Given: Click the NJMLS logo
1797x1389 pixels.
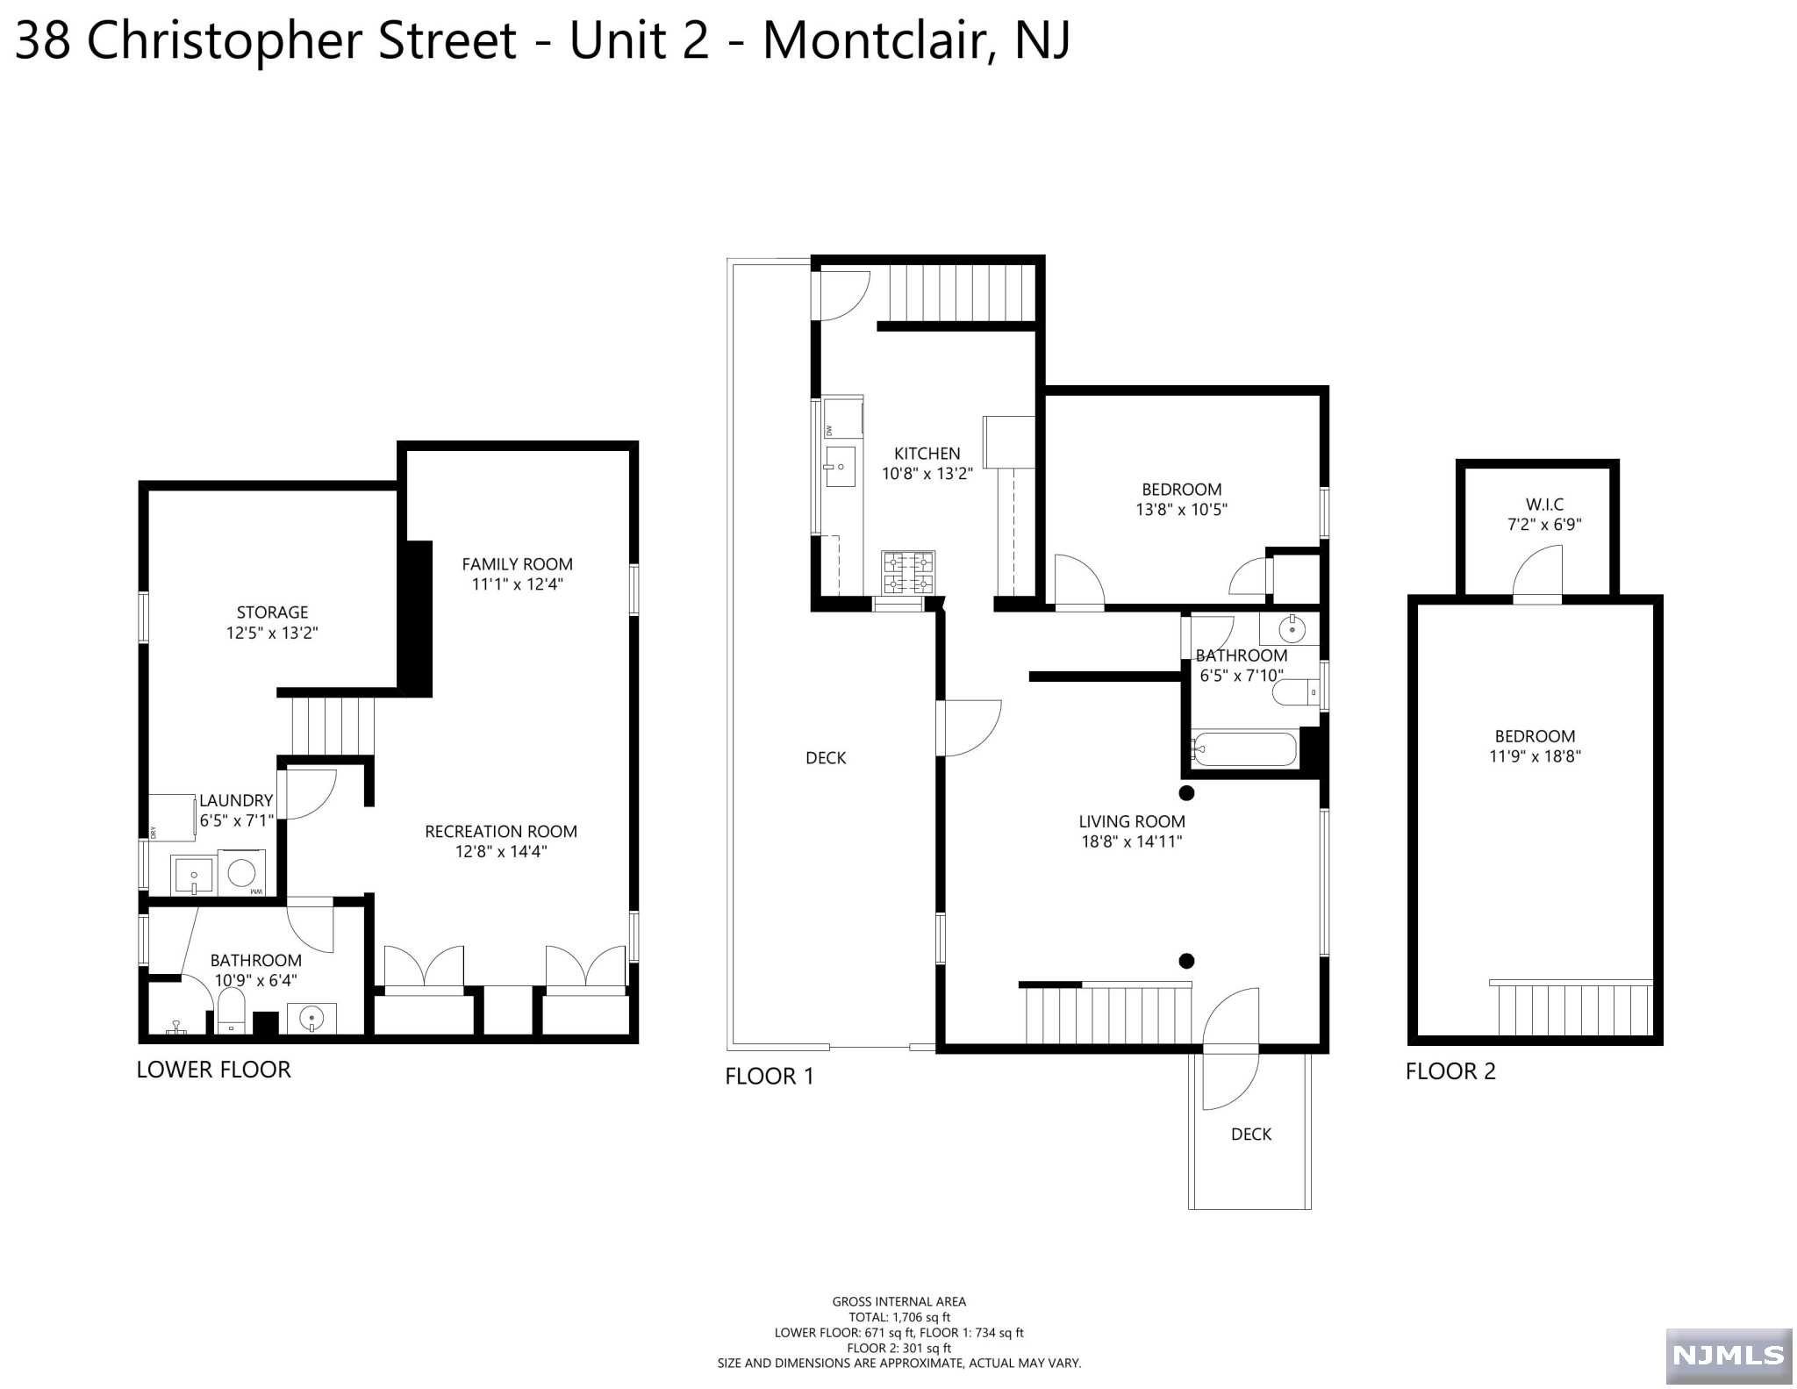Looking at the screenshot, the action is point(1728,1356).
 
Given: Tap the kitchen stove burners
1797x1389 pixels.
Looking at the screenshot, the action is point(908,573).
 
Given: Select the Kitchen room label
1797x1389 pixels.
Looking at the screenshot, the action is point(927,454).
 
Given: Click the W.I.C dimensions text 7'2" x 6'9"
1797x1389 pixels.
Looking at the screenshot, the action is point(1544,525).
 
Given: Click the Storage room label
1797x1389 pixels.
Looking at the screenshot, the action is point(272,612).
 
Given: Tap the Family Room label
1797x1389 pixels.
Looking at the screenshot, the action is point(517,564).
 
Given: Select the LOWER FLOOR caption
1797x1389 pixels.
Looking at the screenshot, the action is point(213,1070).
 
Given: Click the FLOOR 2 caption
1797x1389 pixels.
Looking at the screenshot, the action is point(1450,1071).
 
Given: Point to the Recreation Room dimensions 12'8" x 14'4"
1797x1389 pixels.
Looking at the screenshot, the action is point(501,851).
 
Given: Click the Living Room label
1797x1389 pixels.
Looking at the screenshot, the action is point(1132,821).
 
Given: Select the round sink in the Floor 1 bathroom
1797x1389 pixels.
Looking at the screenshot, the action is point(1292,629).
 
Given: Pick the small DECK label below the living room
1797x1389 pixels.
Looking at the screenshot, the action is point(1251,1135).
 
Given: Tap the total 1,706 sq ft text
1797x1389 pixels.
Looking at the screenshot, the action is point(899,1317).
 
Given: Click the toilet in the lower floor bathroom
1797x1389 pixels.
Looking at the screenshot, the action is point(231,1012).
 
